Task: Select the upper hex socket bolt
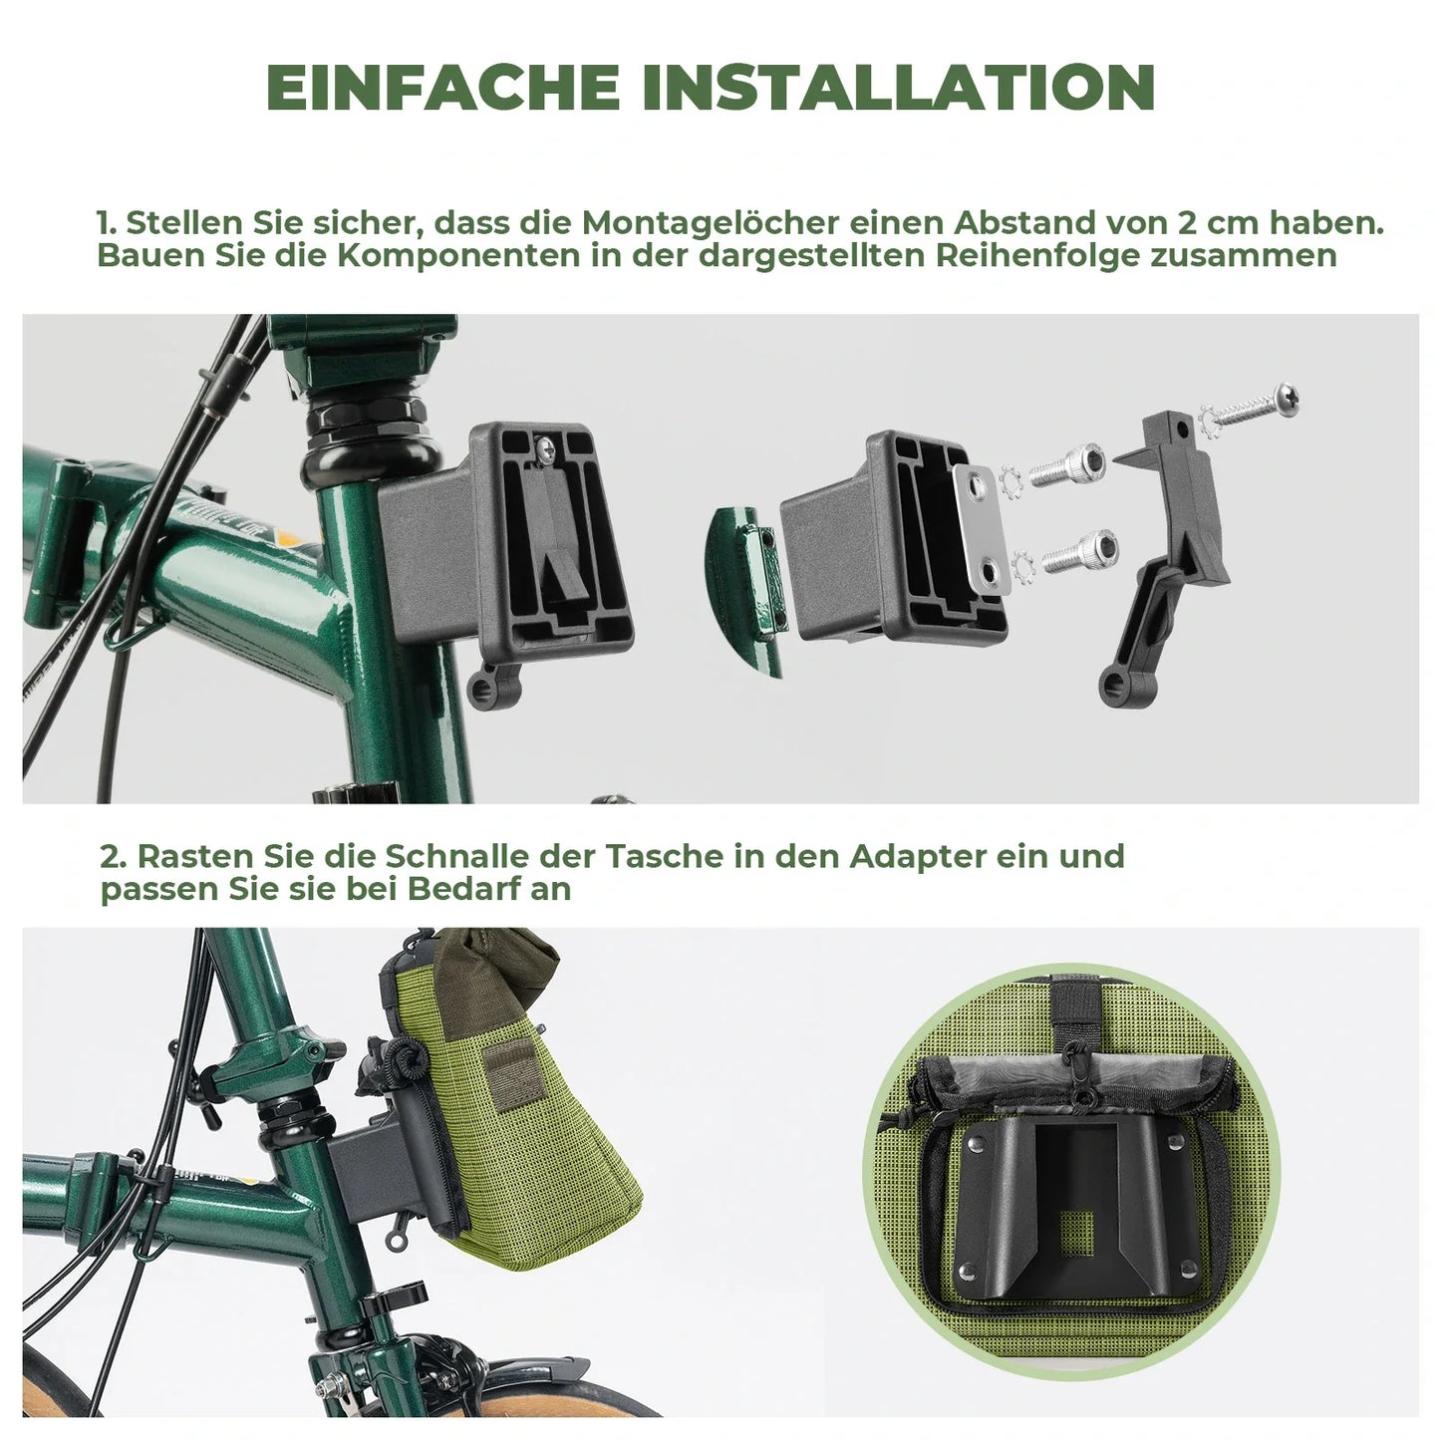1068,465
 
